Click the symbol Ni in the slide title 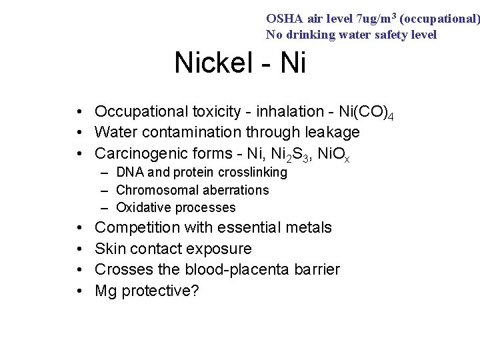pyautogui.click(x=293, y=63)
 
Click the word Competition pyautogui.click(x=137, y=228)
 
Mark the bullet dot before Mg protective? pyautogui.click(x=79, y=291)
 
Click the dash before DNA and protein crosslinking pyautogui.click(x=106, y=173)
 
